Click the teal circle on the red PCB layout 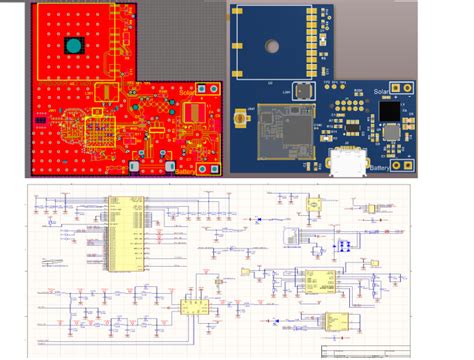(73, 46)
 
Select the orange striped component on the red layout (100, 131)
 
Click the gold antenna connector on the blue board (241, 119)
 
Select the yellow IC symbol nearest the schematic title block (335, 319)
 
